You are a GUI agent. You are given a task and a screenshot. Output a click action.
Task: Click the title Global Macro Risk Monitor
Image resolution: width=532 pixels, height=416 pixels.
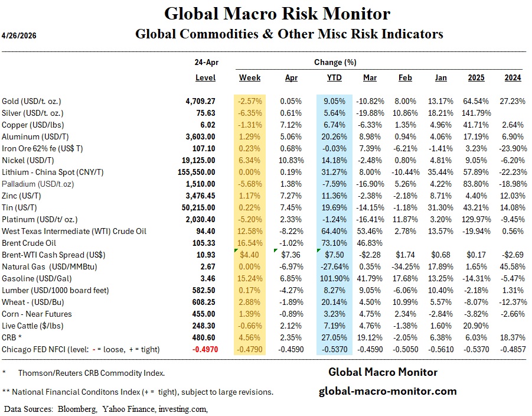click(277, 14)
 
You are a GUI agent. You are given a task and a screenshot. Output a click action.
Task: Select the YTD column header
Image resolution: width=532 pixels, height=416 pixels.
click(334, 78)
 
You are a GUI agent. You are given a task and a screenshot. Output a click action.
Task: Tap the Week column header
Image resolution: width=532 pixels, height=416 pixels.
click(250, 78)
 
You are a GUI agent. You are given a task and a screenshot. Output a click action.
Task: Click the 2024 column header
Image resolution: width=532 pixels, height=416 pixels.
click(513, 78)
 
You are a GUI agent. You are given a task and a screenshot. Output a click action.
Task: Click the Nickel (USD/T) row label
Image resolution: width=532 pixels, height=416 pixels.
click(27, 160)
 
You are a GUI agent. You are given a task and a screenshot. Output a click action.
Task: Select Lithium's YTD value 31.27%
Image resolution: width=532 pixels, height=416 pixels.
click(335, 172)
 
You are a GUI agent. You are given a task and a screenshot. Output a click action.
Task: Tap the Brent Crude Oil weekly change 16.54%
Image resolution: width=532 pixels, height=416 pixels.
click(251, 243)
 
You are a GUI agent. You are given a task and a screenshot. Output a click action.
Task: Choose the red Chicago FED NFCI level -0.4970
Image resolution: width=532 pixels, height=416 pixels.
click(200, 349)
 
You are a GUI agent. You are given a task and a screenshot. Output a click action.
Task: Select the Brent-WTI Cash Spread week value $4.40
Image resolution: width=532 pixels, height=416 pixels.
click(251, 255)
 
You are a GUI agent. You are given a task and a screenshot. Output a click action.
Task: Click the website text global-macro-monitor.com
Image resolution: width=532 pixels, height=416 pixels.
click(387, 391)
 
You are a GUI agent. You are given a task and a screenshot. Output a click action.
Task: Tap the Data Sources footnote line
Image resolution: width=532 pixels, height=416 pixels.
click(106, 408)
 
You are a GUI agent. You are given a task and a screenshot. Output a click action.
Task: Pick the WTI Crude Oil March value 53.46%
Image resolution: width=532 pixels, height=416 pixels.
click(371, 231)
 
